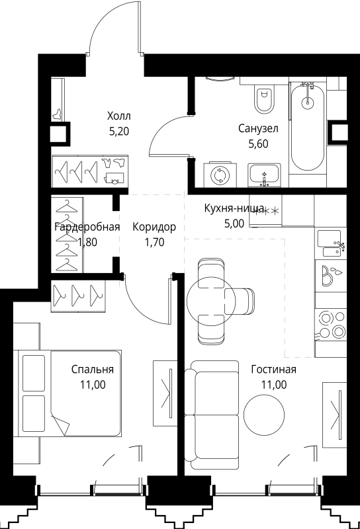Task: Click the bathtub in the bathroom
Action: tap(308, 129)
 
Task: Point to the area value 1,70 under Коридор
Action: tap(154, 241)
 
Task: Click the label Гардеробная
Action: tap(87, 227)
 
